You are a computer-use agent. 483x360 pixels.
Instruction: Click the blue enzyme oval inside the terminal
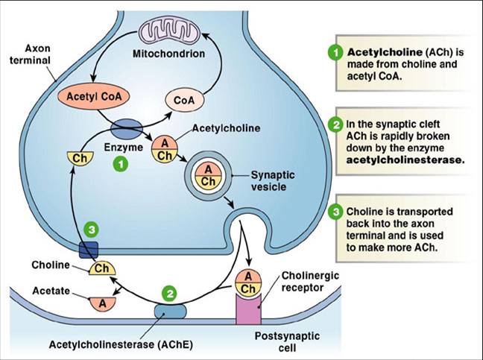pos(127,128)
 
